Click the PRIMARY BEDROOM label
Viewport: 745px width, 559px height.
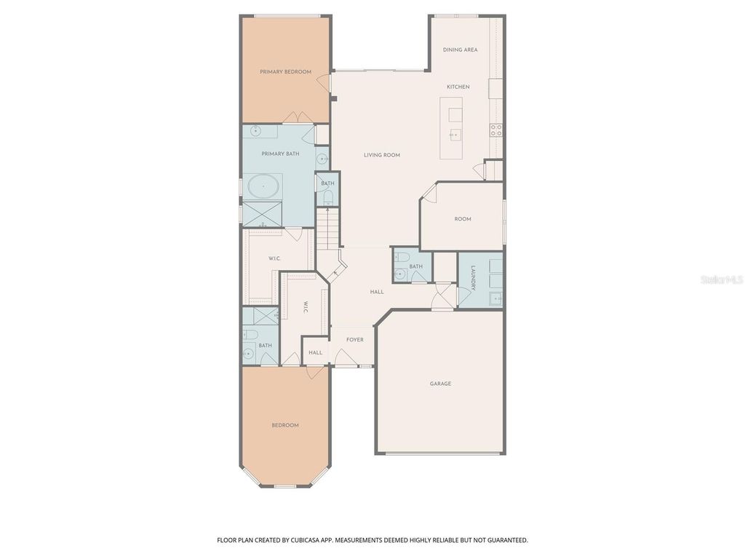tap(286, 72)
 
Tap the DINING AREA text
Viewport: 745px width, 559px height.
tap(461, 49)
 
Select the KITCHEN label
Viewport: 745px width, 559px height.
tap(458, 87)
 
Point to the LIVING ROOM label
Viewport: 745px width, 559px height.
tap(382, 155)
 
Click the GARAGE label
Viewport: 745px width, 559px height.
tap(440, 384)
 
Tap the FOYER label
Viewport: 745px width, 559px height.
tap(354, 339)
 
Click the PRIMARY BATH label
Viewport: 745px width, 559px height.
tap(280, 154)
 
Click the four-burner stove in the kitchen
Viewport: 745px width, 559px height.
tap(496, 130)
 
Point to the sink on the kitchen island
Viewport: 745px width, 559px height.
tap(455, 134)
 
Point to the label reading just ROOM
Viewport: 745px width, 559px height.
tap(463, 219)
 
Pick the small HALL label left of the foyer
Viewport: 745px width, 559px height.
tap(315, 353)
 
